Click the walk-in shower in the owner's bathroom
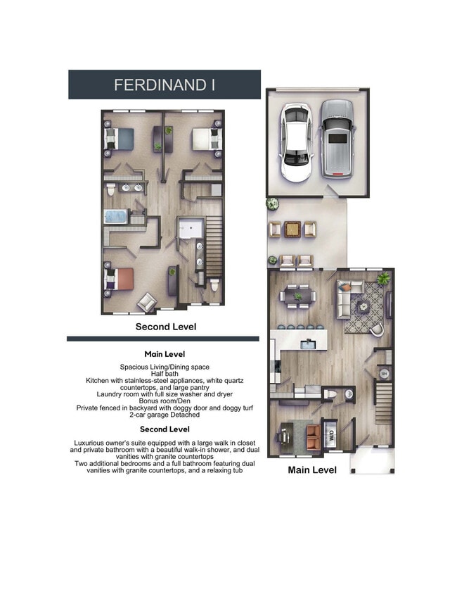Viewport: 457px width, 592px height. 189,229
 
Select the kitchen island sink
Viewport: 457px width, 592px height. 308,344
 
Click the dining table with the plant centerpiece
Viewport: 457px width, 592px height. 298,296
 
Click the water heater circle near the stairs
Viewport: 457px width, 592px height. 384,374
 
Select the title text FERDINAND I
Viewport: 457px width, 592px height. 165,85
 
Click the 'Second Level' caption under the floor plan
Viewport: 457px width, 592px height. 165,327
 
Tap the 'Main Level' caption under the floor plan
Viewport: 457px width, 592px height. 312,470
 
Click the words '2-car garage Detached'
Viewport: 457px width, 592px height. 164,415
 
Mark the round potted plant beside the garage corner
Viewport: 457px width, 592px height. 271,204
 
